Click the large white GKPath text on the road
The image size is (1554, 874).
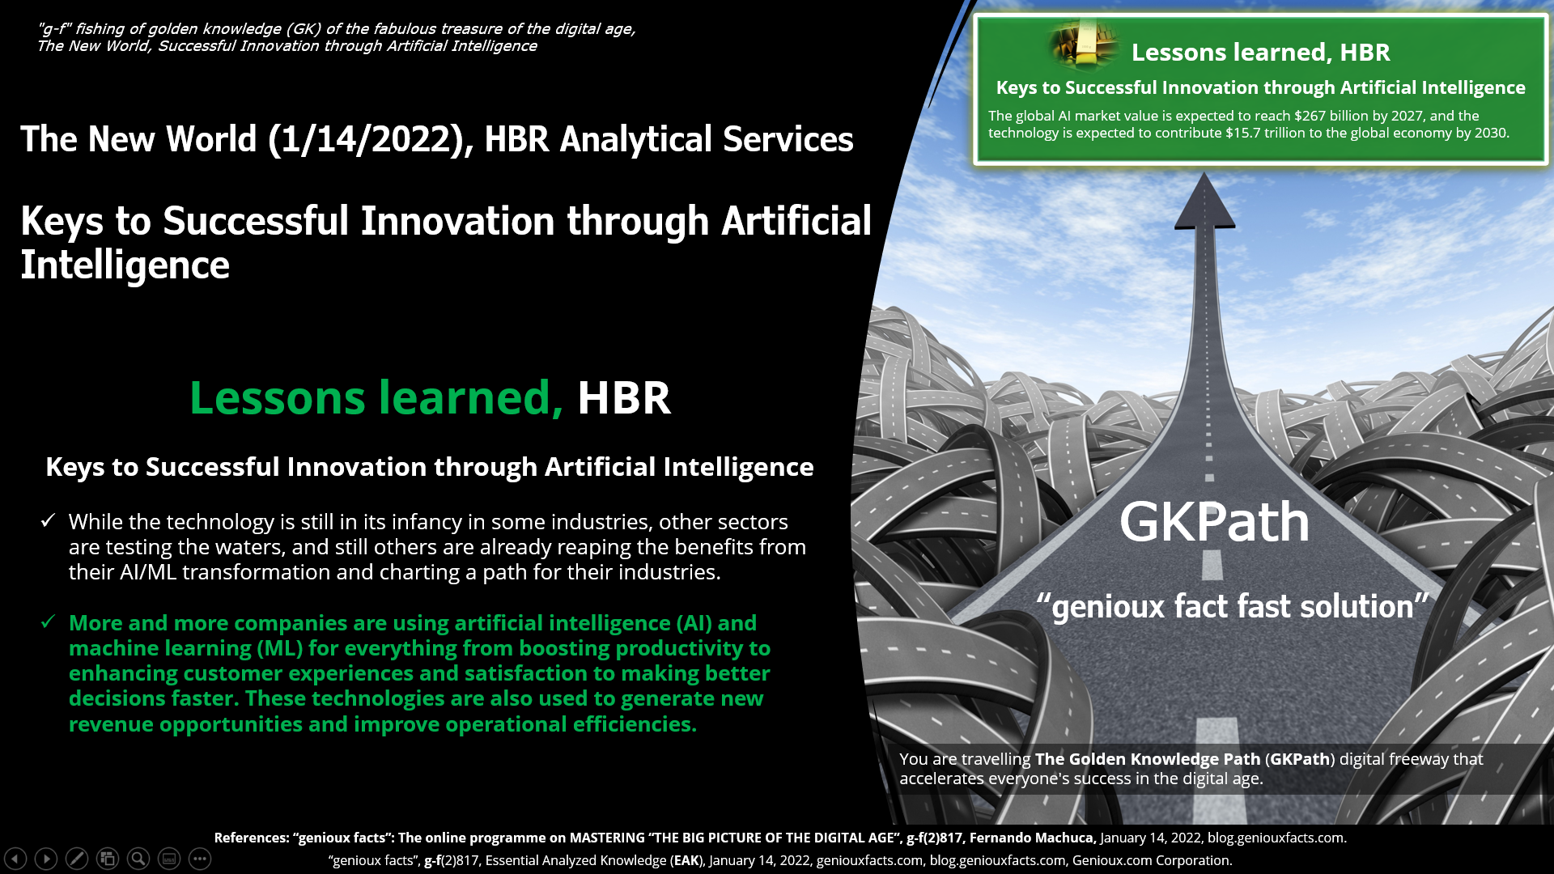1214,522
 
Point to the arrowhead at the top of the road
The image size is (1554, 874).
1204,200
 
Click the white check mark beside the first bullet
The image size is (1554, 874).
48,520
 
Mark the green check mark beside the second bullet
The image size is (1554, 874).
48,622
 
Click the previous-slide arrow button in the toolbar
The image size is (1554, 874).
15,859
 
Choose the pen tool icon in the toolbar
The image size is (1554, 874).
77,859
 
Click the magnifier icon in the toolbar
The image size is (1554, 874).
138,859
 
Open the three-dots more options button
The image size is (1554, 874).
200,859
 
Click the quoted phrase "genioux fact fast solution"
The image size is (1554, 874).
1233,606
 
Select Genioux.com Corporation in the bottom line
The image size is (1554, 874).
1151,860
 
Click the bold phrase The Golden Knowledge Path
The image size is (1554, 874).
1148,759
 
